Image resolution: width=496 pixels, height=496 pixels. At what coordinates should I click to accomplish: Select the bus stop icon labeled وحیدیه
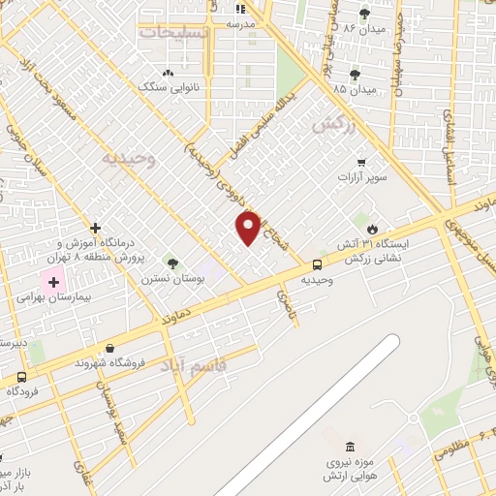[317, 264]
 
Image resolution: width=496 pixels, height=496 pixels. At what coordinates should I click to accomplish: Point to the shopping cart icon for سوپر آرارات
[361, 163]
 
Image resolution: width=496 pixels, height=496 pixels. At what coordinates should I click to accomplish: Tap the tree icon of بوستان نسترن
[172, 263]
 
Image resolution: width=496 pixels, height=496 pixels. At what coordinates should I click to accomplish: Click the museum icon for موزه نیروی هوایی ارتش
[350, 447]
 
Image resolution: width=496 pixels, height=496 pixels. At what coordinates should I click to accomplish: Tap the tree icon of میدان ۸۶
[364, 14]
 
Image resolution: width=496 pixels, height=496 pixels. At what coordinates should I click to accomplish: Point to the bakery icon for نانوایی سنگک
[168, 73]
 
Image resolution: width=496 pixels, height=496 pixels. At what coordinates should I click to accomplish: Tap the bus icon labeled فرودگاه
[21, 377]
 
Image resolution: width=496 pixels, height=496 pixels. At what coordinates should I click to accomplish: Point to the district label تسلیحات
[173, 32]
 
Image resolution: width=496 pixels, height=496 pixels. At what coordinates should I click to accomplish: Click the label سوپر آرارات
[361, 178]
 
